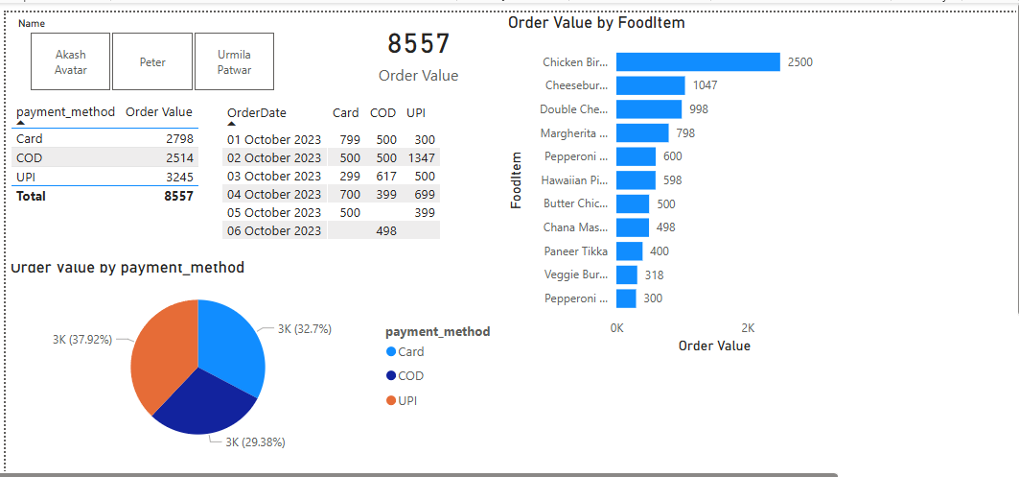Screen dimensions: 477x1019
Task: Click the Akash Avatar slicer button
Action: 70,62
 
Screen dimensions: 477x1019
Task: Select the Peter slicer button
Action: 151,62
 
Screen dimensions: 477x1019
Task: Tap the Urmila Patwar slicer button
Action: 234,62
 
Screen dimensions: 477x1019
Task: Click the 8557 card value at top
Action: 418,43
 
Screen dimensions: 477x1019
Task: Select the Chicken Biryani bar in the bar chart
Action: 698,62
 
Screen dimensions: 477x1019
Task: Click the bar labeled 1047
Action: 650,85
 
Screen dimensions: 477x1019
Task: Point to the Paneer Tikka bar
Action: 629,250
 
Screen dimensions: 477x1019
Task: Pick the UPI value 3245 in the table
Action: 178,177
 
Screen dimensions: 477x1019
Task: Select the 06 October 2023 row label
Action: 274,230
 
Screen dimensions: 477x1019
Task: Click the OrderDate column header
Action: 257,113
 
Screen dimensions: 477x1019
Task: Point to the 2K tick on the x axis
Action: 748,327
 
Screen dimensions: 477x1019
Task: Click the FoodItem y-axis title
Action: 517,179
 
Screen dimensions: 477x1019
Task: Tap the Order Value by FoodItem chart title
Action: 596,22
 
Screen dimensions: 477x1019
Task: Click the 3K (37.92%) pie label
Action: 81,339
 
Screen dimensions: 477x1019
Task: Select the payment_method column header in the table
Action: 65,112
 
